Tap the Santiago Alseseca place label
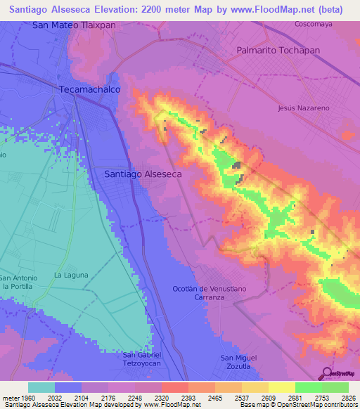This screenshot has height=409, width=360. [143, 174]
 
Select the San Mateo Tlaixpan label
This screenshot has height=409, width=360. [74, 25]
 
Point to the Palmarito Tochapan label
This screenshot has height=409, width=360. [278, 51]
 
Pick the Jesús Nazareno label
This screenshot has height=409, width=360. [304, 108]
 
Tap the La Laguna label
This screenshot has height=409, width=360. [69, 274]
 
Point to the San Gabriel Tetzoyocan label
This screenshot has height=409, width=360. [143, 358]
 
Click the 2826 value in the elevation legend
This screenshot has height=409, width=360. [347, 397]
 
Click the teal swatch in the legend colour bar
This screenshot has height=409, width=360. [41, 387]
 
